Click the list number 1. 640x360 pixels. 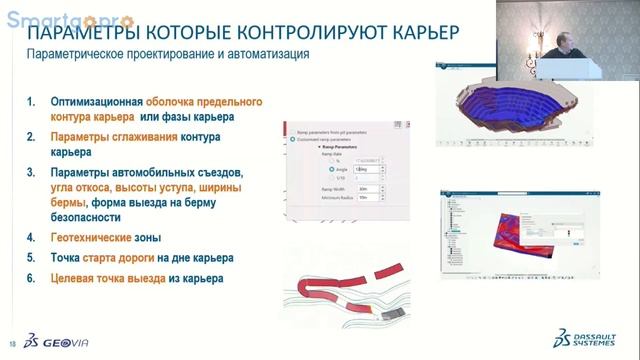pos(30,102)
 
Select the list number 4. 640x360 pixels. pos(30,238)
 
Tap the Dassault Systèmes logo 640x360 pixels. pos(583,336)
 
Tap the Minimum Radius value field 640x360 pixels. pos(369,197)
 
